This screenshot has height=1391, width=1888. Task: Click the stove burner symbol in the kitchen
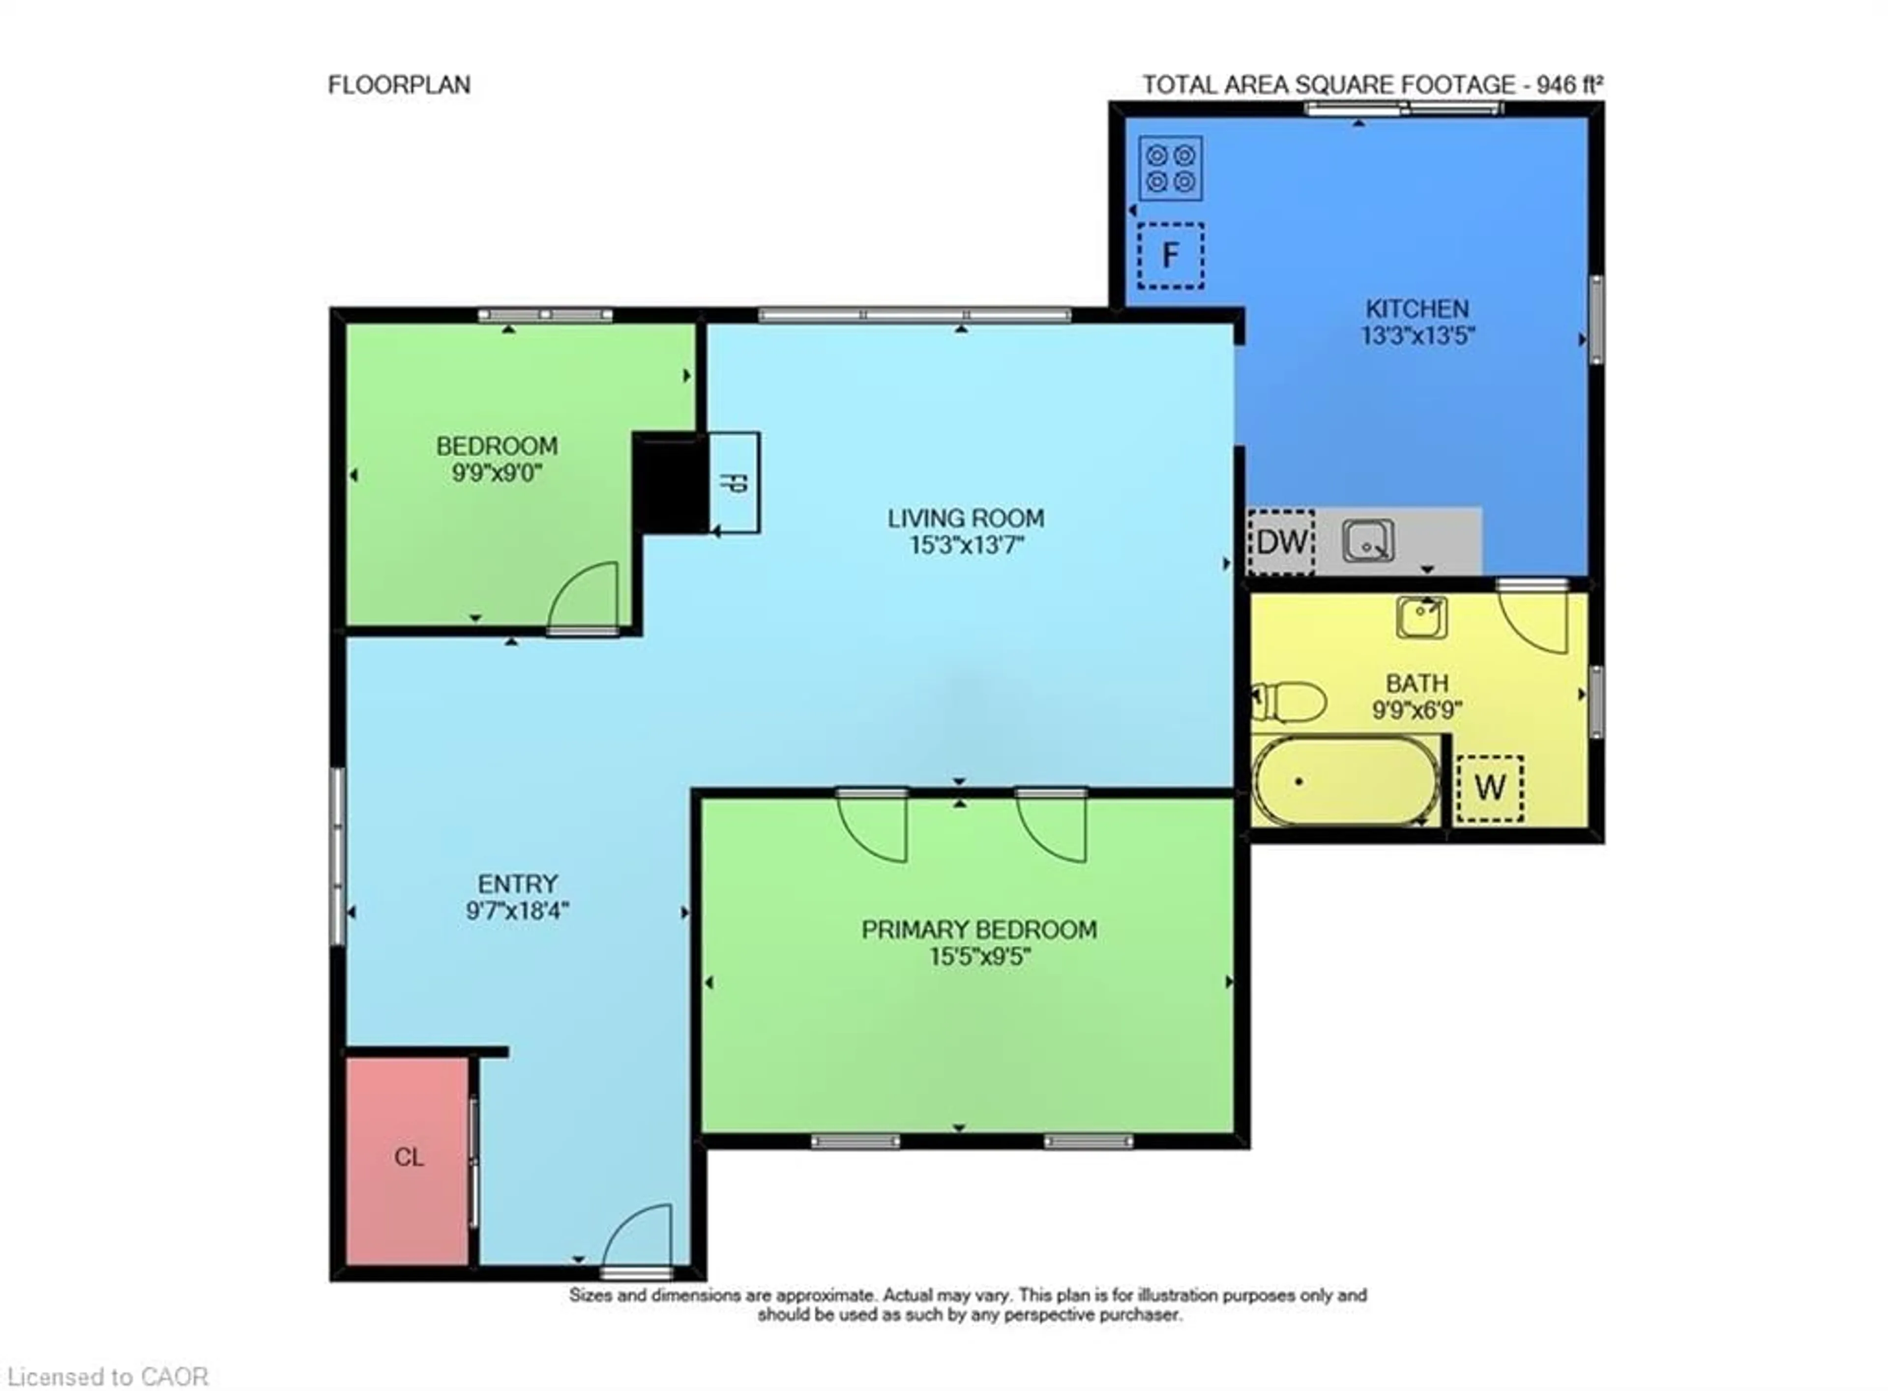pyautogui.click(x=1170, y=168)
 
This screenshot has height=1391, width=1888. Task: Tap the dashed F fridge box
pyautogui.click(x=1170, y=255)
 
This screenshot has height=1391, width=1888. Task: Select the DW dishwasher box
pyautogui.click(x=1280, y=542)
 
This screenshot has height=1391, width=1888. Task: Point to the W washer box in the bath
pyautogui.click(x=1489, y=787)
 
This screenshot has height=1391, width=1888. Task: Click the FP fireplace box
pyautogui.click(x=734, y=483)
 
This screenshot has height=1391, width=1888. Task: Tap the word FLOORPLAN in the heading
pyautogui.click(x=399, y=85)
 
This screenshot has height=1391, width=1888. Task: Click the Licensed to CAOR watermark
pyautogui.click(x=108, y=1376)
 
